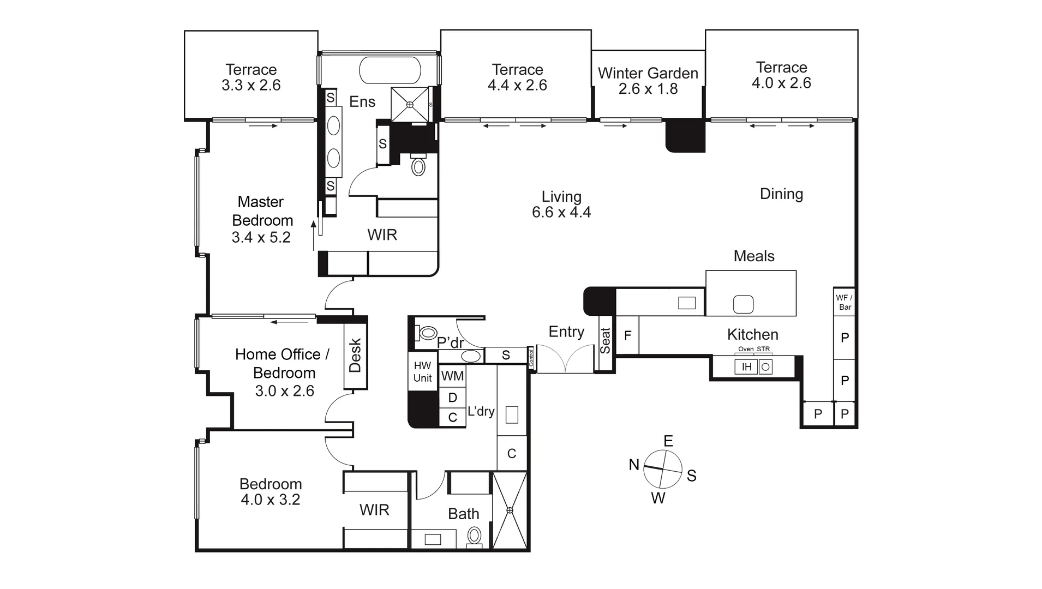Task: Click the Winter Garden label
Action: click(648, 73)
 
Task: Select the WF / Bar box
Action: click(845, 302)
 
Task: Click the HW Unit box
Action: click(423, 371)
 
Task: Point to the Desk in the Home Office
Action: click(355, 356)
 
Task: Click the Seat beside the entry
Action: click(605, 341)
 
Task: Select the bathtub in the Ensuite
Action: click(390, 70)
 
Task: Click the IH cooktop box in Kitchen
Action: click(746, 367)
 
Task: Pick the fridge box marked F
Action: click(627, 335)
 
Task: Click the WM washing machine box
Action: click(453, 376)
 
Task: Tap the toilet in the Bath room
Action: click(474, 537)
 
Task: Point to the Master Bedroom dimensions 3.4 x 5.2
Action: click(261, 237)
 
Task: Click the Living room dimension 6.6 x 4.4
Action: click(561, 212)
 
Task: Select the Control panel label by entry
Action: click(531, 357)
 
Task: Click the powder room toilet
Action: click(427, 333)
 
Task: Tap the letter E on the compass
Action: click(668, 441)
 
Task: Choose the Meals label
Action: click(754, 256)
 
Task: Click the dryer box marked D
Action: click(453, 398)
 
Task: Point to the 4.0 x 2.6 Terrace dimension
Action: click(781, 83)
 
